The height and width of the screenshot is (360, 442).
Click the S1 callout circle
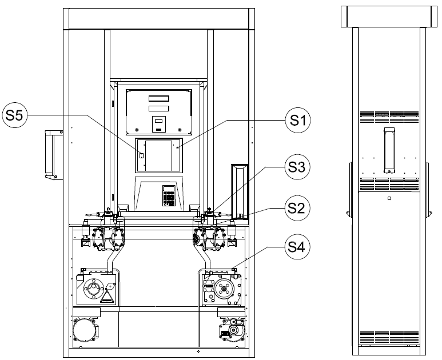[298, 120]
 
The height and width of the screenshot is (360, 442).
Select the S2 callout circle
[297, 208]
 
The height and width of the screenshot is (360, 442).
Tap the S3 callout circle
[297, 167]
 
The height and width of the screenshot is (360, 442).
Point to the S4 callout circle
[297, 247]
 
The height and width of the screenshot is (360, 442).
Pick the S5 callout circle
[15, 115]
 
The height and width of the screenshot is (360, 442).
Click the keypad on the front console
[169, 196]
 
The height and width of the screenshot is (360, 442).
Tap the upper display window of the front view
[159, 98]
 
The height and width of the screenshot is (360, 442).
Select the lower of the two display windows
[159, 109]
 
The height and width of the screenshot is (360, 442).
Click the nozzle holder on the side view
[389, 150]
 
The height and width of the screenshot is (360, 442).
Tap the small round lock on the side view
[389, 198]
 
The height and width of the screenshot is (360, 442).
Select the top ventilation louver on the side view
[389, 117]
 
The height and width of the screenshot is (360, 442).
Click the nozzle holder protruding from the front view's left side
[54, 154]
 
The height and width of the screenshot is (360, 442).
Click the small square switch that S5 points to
[141, 155]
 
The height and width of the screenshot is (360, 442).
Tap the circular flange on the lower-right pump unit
[224, 289]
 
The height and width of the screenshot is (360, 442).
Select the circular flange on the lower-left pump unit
[93, 288]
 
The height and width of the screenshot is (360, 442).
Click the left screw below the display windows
[137, 130]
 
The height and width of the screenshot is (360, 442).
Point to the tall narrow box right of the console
[240, 191]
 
